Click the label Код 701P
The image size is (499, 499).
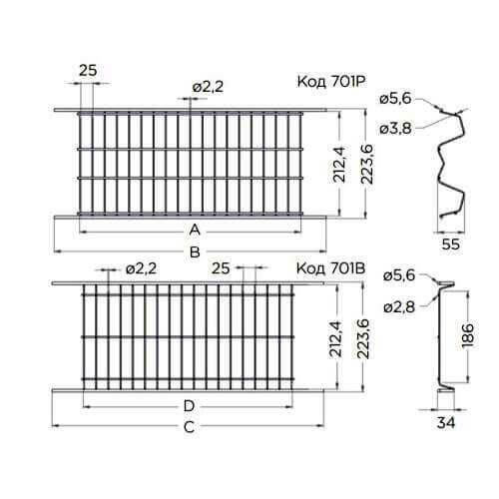331,82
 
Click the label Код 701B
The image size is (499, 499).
331,268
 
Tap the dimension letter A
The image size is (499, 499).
195,230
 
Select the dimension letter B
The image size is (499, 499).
195,251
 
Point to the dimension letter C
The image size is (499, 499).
189,427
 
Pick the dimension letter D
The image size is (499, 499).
189,406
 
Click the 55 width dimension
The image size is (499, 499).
451,244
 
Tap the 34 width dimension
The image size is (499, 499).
446,423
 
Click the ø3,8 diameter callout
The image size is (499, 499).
395,128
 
